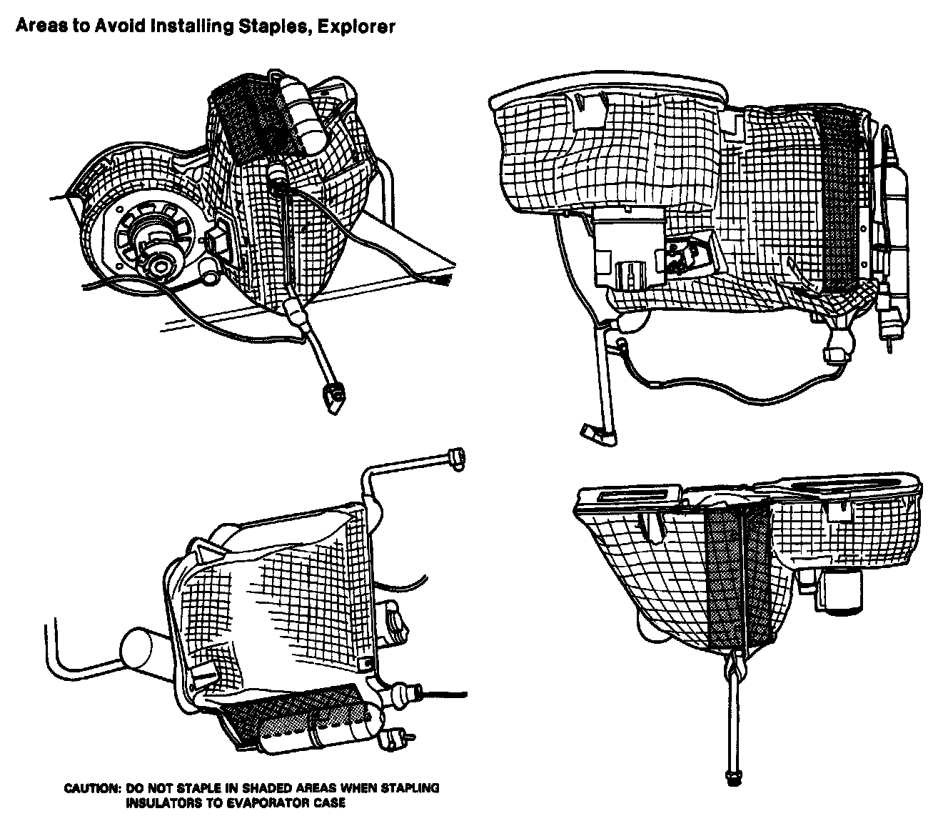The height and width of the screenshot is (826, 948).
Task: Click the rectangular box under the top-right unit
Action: (x=624, y=247)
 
